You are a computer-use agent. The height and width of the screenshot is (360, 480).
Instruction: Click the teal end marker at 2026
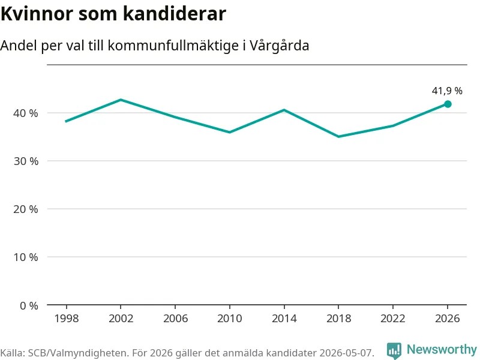(x=448, y=104)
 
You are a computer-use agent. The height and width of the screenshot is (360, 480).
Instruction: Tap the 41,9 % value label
(x=447, y=91)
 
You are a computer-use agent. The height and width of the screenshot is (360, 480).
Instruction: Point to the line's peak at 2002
(x=121, y=100)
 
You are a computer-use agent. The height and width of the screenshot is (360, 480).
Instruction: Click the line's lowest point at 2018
(x=338, y=137)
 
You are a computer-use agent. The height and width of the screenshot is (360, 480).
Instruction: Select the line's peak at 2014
(x=284, y=110)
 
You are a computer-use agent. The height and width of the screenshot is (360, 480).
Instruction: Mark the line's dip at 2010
(x=230, y=132)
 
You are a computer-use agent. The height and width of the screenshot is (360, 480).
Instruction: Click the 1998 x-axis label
(x=67, y=319)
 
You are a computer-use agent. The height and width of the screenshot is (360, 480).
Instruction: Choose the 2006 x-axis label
(x=175, y=319)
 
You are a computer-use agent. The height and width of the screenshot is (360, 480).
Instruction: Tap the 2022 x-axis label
(x=393, y=319)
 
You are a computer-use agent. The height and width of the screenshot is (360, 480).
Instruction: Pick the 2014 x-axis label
(x=284, y=319)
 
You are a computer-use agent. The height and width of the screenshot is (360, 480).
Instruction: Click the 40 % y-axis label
(x=26, y=113)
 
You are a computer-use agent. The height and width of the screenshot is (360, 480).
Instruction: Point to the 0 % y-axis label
(x=29, y=305)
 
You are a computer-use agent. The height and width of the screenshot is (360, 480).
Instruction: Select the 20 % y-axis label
(x=26, y=209)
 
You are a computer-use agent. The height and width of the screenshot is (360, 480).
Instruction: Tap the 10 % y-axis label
(x=26, y=257)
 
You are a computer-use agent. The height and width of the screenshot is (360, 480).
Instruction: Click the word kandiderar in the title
(x=175, y=13)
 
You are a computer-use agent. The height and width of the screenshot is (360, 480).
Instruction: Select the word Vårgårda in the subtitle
(x=279, y=46)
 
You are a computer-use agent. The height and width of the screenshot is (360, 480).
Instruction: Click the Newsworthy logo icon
(x=394, y=350)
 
